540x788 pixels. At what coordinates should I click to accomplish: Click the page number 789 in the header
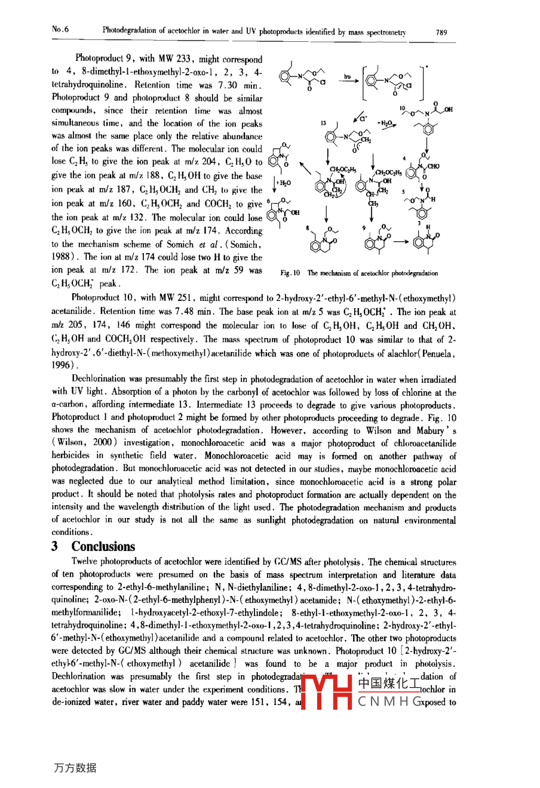441,33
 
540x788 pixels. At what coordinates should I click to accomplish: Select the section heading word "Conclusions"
103,546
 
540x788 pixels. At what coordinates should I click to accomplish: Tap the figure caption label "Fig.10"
290,273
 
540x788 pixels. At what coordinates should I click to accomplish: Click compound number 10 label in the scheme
403,109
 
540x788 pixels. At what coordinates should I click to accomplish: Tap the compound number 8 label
308,227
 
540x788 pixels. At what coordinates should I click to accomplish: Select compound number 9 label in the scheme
364,227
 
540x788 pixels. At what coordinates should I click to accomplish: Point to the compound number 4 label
404,159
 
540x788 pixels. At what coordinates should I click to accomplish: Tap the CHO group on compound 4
433,167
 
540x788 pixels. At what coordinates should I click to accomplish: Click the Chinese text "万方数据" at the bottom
75,768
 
